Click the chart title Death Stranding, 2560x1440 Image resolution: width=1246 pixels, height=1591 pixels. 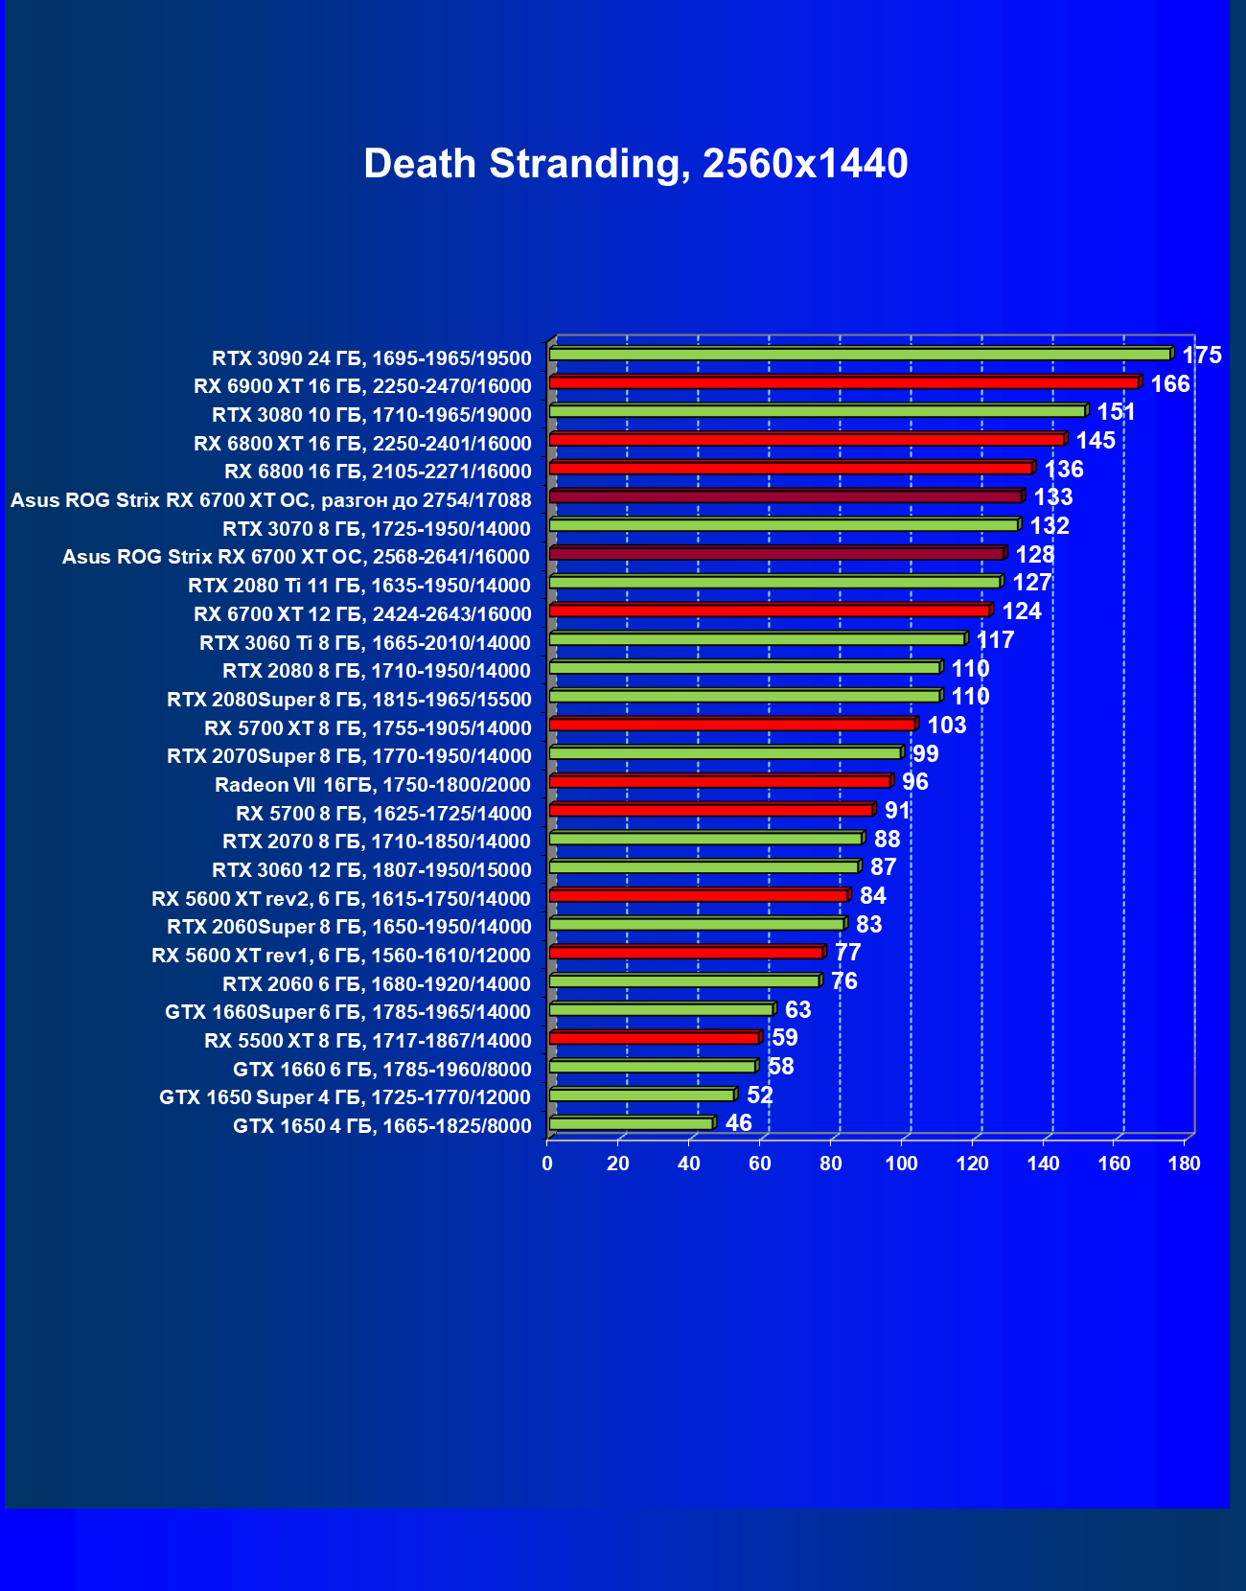point(635,164)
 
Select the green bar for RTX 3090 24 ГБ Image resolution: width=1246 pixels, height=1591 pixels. point(860,355)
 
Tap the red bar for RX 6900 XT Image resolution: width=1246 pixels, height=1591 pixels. point(843,382)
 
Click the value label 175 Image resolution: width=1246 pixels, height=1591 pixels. point(1201,356)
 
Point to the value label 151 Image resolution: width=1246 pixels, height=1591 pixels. point(1116,412)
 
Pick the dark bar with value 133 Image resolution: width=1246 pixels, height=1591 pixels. point(786,496)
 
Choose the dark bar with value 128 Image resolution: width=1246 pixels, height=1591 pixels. point(776,553)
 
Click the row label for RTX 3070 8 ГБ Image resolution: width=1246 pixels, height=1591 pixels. point(376,529)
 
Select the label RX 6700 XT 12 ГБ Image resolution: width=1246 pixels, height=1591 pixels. point(361,614)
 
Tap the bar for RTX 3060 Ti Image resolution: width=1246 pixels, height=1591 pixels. point(757,638)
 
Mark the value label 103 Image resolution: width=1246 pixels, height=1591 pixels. point(946,726)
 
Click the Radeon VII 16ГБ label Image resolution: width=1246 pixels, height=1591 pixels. point(372,785)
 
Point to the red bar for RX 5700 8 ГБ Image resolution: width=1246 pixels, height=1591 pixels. point(710,810)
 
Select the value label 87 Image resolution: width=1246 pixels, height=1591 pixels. point(883,867)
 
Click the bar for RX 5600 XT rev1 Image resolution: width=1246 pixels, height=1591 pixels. point(686,952)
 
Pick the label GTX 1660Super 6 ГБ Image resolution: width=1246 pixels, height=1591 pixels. point(347,1012)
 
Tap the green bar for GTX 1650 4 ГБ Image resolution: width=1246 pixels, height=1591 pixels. point(632,1123)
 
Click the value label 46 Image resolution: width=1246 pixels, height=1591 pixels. point(738,1123)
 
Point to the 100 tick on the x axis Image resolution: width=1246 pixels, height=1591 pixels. point(901,1164)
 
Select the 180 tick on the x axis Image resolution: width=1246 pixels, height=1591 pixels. point(1185,1164)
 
